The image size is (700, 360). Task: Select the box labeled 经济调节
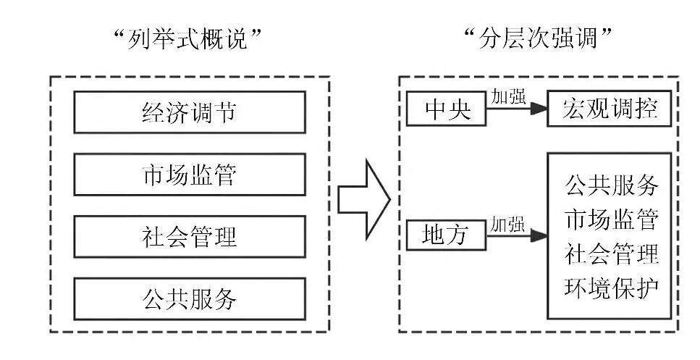[188, 112]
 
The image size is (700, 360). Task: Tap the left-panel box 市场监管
[188, 175]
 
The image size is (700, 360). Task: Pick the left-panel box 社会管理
[188, 236]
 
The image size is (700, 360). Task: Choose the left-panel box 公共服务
[188, 298]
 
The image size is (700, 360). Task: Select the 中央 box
[438, 109]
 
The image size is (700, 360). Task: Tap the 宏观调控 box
[610, 109]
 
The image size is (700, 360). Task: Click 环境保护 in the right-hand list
[611, 286]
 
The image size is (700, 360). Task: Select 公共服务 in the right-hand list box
[611, 185]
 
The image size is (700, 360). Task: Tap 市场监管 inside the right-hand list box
[611, 219]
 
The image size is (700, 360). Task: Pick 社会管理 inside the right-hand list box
[611, 253]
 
